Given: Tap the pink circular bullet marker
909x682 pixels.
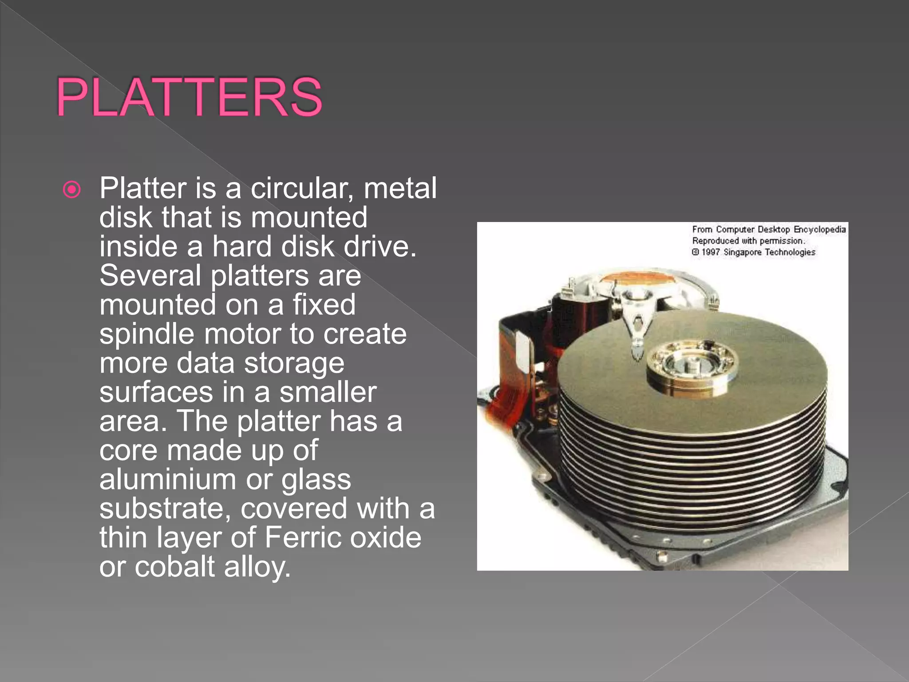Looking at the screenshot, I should (x=72, y=190).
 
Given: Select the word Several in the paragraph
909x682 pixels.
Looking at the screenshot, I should (x=150, y=276).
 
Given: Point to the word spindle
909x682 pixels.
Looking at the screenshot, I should (x=147, y=334).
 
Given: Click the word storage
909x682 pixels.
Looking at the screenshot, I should (x=294, y=363).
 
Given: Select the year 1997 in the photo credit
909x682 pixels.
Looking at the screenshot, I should (x=711, y=252).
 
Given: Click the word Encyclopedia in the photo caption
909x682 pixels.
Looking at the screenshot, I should (x=819, y=230).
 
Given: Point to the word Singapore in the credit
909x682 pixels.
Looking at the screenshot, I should (x=742, y=252).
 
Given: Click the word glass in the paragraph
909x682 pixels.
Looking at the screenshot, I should (x=316, y=480).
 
